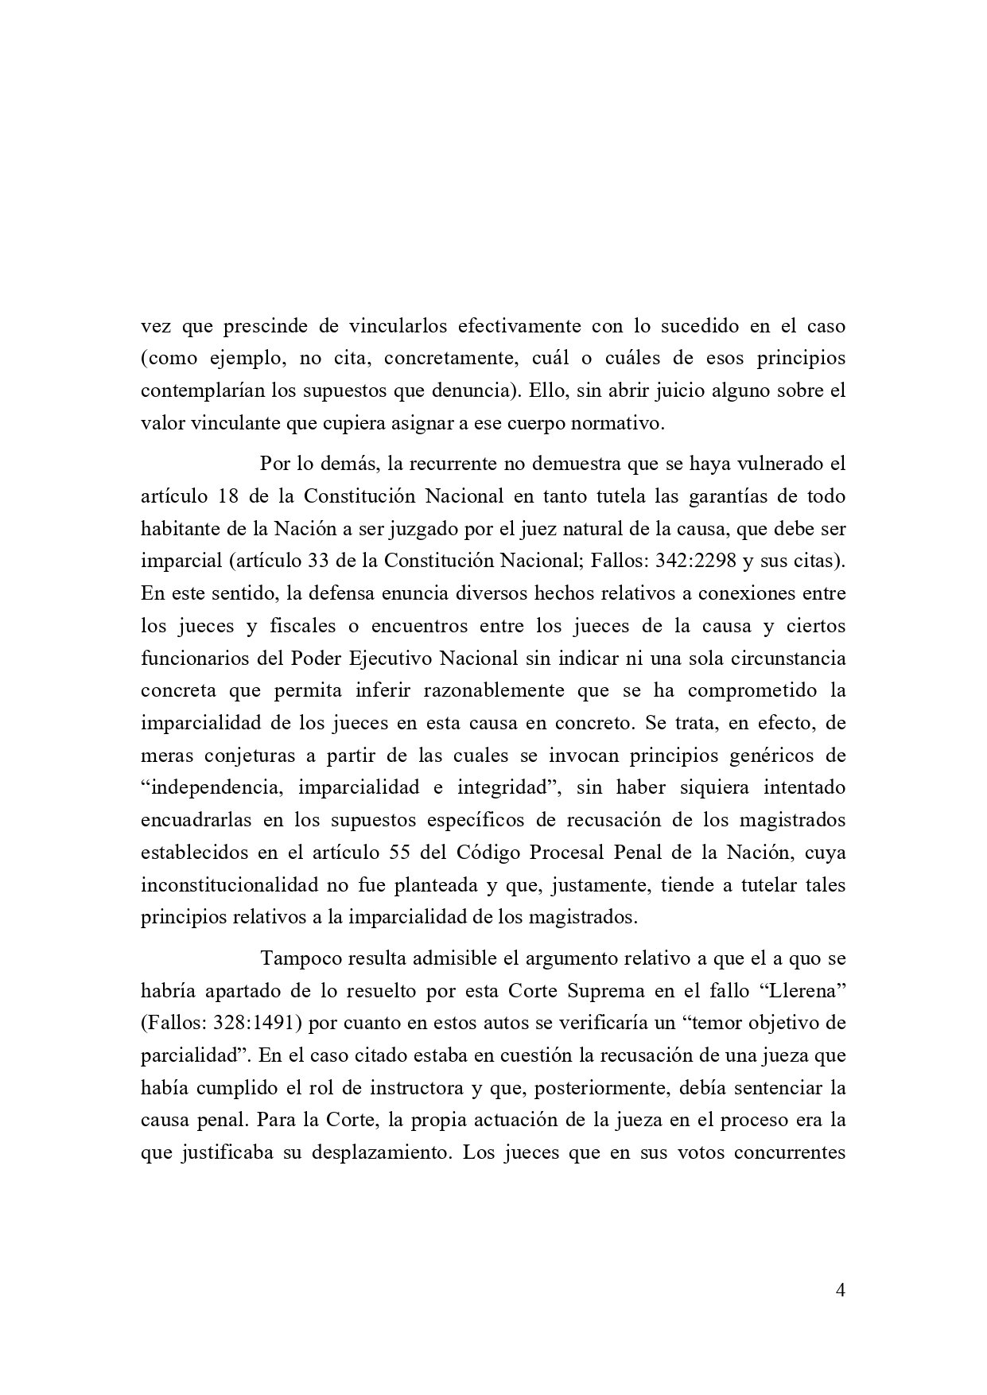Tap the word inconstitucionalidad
click(228, 884)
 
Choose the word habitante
click(183, 527)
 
